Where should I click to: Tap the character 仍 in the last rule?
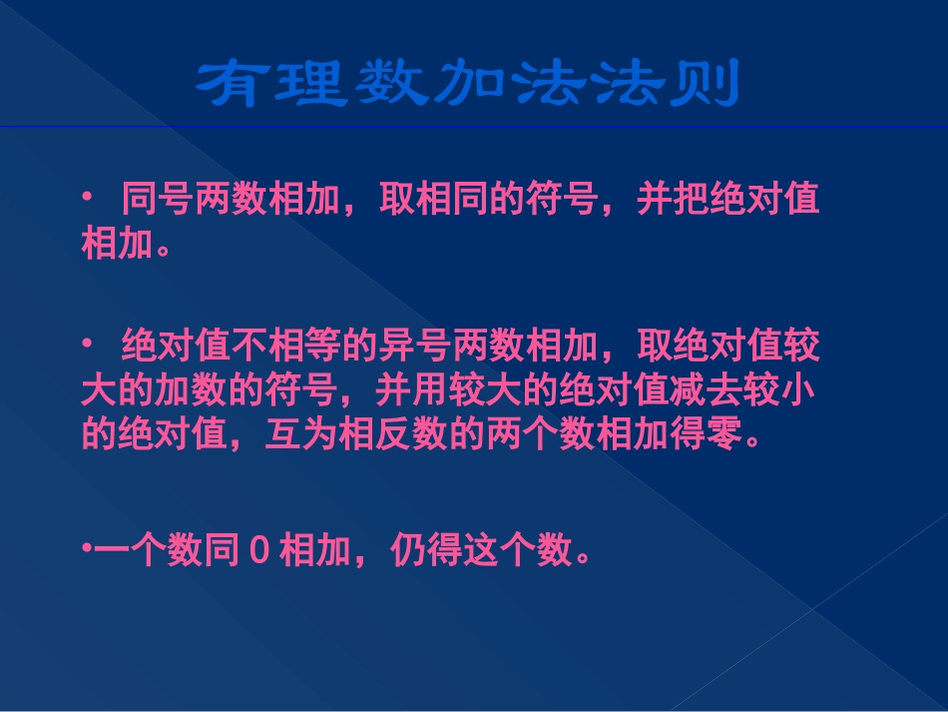pos(406,550)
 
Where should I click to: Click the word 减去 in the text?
pos(726,391)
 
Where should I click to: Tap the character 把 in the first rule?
pos(691,199)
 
